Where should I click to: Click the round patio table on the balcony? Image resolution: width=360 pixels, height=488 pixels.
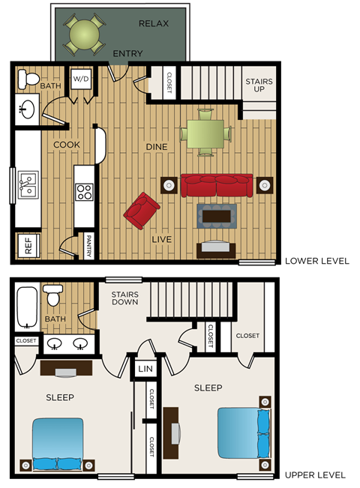click(84, 34)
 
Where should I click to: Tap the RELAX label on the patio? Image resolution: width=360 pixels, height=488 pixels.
click(154, 23)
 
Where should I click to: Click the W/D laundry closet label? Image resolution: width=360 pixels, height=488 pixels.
click(81, 79)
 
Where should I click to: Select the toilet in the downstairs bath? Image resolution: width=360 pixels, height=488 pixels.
click(31, 78)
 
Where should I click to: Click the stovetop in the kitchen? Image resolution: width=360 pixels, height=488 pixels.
click(84, 192)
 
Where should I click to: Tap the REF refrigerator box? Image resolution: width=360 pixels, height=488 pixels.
click(28, 247)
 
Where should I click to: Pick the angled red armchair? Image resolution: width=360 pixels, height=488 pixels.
click(141, 211)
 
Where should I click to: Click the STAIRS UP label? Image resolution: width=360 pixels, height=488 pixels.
click(259, 86)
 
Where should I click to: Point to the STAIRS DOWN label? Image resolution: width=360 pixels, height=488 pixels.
click(125, 298)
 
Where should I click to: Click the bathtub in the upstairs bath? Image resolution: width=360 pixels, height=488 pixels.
click(28, 308)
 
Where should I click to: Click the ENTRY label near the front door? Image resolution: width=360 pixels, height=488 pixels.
click(127, 54)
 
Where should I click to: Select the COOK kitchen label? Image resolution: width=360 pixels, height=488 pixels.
click(66, 145)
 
